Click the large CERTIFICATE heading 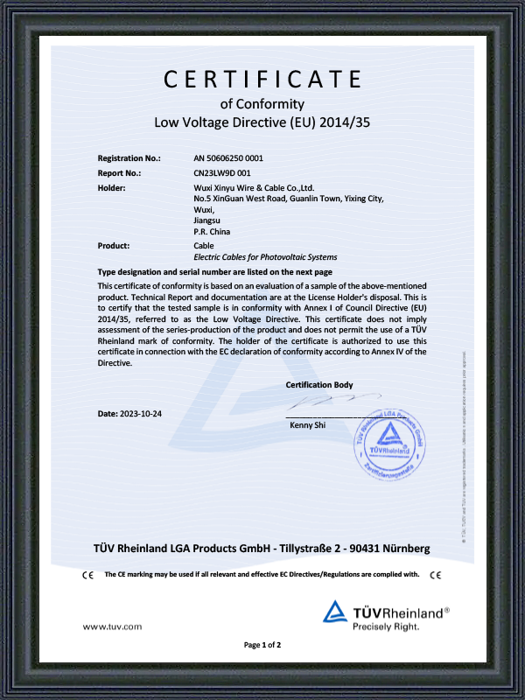[x=262, y=79]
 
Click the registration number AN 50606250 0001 [x=228, y=158]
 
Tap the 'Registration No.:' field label [x=129, y=158]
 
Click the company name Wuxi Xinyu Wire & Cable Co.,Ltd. [x=254, y=188]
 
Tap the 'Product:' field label [x=114, y=246]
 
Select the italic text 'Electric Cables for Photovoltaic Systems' [x=265, y=257]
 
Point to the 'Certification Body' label [x=319, y=385]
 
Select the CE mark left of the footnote [x=87, y=575]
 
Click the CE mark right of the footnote [x=436, y=575]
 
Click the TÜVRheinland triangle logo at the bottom [x=336, y=612]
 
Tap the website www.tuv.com [x=112, y=627]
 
